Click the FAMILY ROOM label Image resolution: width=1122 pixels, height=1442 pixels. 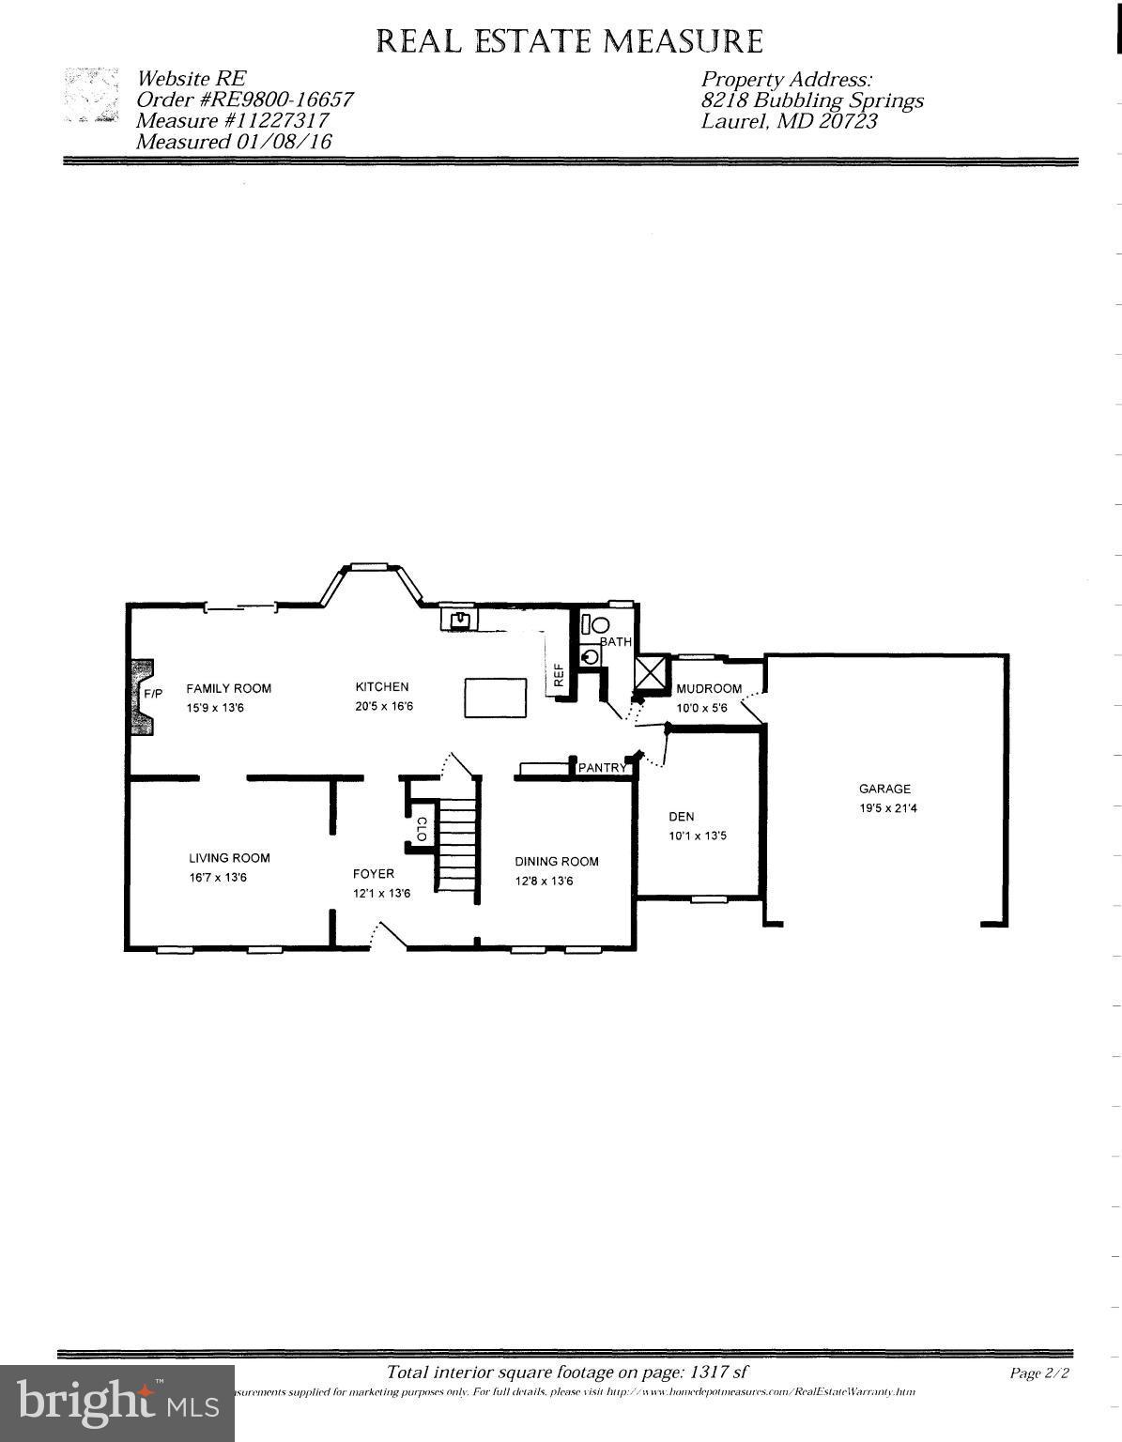click(x=228, y=688)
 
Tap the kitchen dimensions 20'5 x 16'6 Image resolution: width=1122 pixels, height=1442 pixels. click(x=384, y=707)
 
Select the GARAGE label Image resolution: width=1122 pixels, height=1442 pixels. click(x=884, y=789)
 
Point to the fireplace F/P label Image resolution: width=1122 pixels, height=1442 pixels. click(x=153, y=694)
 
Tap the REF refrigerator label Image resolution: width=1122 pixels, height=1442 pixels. click(x=559, y=676)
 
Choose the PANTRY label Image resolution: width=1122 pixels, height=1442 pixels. click(x=602, y=768)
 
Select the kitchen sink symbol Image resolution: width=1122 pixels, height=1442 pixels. click(x=460, y=620)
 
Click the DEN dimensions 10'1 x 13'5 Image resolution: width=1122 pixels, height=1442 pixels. click(x=697, y=836)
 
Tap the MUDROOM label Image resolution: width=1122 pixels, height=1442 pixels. click(x=709, y=688)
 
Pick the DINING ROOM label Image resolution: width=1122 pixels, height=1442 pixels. click(x=557, y=861)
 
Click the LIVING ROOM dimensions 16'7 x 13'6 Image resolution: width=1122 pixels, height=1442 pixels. click(x=218, y=878)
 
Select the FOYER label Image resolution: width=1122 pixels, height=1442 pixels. click(x=374, y=874)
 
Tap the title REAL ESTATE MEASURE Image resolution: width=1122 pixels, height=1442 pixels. click(x=570, y=41)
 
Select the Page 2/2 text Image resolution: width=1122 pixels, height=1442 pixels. click(x=1039, y=1373)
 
